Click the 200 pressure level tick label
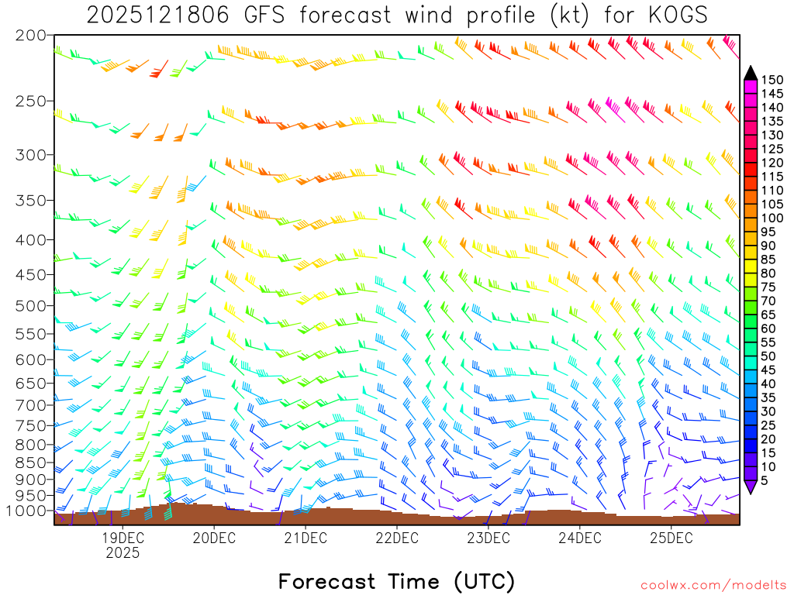click(32, 36)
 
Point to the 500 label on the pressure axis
click(32, 305)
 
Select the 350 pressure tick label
click(32, 201)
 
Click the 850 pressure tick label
click(32, 463)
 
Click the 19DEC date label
click(123, 538)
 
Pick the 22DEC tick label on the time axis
click(396, 538)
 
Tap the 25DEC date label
click(671, 538)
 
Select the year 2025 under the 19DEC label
click(123, 553)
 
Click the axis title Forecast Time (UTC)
click(396, 581)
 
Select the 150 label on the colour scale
click(772, 80)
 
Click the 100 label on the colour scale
click(772, 218)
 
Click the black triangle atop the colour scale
click(750, 73)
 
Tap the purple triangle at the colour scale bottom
click(750, 487)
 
